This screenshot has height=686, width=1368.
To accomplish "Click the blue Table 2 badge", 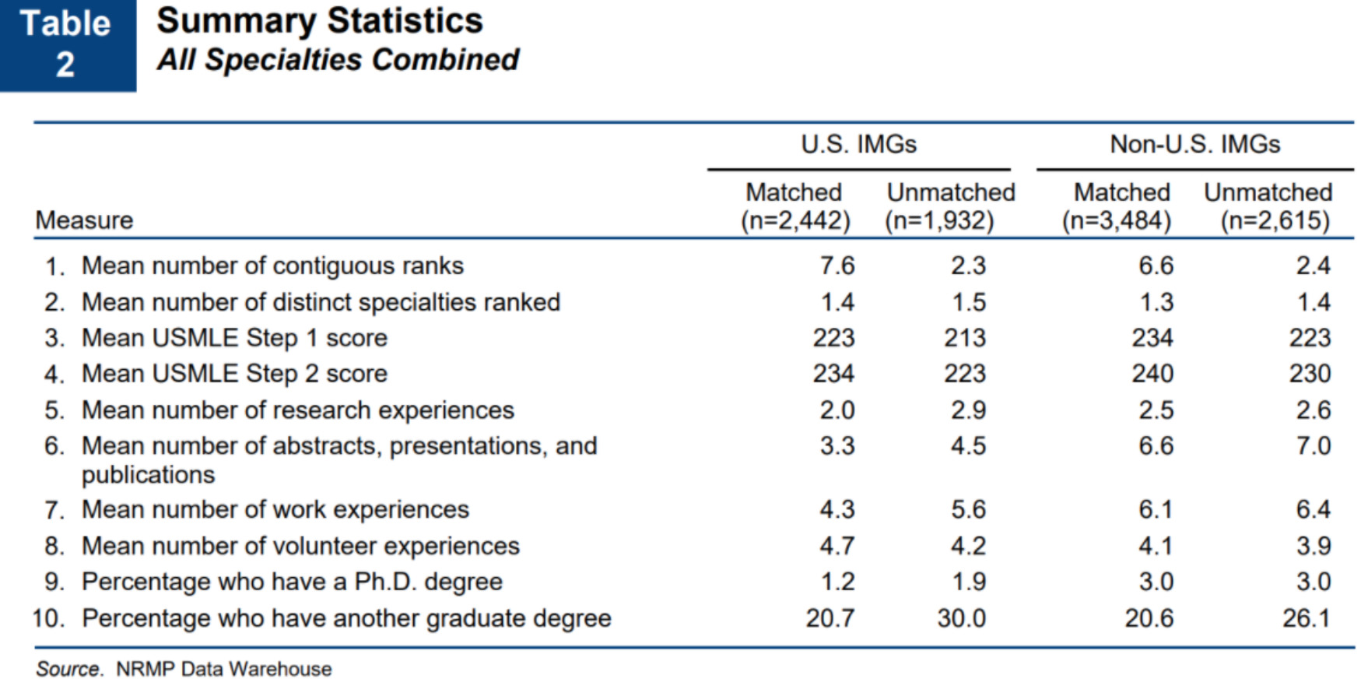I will tap(67, 44).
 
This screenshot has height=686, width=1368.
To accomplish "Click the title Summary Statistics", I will tap(319, 21).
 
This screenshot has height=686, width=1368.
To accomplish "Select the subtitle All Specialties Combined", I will tap(338, 60).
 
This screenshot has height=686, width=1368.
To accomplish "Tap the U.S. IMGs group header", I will tap(858, 144).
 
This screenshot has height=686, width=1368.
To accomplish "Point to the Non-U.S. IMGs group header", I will tap(1194, 144).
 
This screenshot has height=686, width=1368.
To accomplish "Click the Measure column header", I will tap(84, 220).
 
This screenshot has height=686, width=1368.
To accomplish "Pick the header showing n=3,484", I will tap(1117, 221).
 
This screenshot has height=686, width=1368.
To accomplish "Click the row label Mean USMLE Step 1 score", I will tap(234, 338).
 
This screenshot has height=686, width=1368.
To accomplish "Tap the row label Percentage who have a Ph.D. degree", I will tap(292, 582).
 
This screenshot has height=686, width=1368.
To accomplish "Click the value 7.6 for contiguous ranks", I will tap(837, 266).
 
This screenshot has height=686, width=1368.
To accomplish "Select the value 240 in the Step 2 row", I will tap(1152, 374).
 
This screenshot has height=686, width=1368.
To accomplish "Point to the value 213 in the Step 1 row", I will tap(965, 338).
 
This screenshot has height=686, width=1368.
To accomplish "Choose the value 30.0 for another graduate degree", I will tap(961, 618).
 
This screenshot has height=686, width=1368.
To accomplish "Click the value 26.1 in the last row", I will tap(1307, 618).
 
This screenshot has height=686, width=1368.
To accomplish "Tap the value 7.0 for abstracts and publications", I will tap(1313, 446).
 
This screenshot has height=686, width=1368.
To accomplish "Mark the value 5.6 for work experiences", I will tap(968, 509).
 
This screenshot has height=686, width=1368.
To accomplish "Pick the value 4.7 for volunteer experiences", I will tap(837, 546).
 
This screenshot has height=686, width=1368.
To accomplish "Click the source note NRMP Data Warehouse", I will tap(224, 669).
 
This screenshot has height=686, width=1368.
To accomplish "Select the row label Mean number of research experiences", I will tap(298, 410).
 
